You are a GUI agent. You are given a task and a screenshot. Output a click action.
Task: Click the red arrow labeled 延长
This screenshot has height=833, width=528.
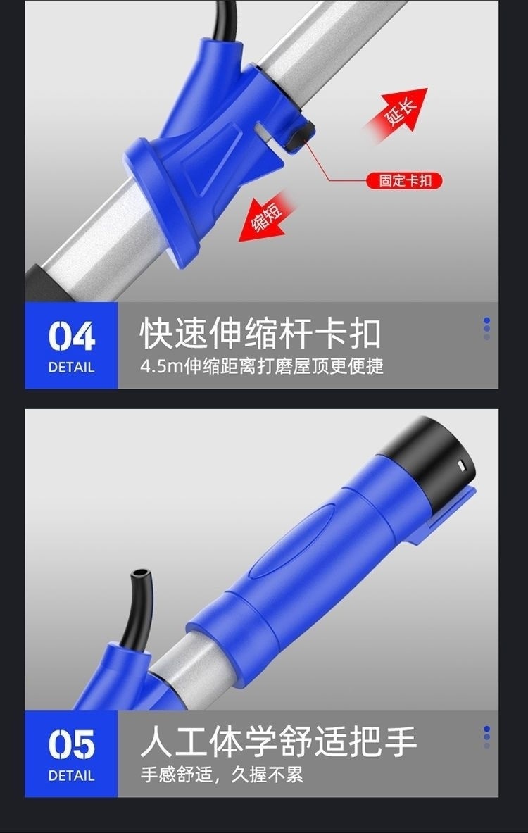coord(398,113)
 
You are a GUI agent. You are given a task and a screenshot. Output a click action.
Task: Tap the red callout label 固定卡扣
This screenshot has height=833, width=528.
coord(404,181)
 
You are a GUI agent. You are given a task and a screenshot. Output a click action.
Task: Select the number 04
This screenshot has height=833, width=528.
coord(72,337)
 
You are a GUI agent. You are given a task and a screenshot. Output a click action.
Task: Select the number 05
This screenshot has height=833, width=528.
coord(72,745)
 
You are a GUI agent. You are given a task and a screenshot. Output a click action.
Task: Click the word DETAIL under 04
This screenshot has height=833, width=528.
coord(71,367)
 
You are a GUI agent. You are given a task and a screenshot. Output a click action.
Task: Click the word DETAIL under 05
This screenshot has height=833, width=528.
coord(71,776)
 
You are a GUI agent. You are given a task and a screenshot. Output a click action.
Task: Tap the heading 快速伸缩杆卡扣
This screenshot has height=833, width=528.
coord(260,334)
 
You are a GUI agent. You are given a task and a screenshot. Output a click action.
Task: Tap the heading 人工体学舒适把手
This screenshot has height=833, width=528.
coord(278,741)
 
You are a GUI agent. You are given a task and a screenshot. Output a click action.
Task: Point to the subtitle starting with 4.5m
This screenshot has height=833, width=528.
coord(262,366)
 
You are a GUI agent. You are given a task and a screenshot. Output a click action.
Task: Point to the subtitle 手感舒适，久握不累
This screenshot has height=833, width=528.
coord(222,775)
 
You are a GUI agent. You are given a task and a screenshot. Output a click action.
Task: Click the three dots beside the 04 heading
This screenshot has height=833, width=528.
coord(486,328)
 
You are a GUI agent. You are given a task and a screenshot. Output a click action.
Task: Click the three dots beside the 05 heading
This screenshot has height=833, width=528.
coord(486,737)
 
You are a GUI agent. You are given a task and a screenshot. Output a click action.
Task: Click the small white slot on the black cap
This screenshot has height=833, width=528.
coord(460,465)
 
